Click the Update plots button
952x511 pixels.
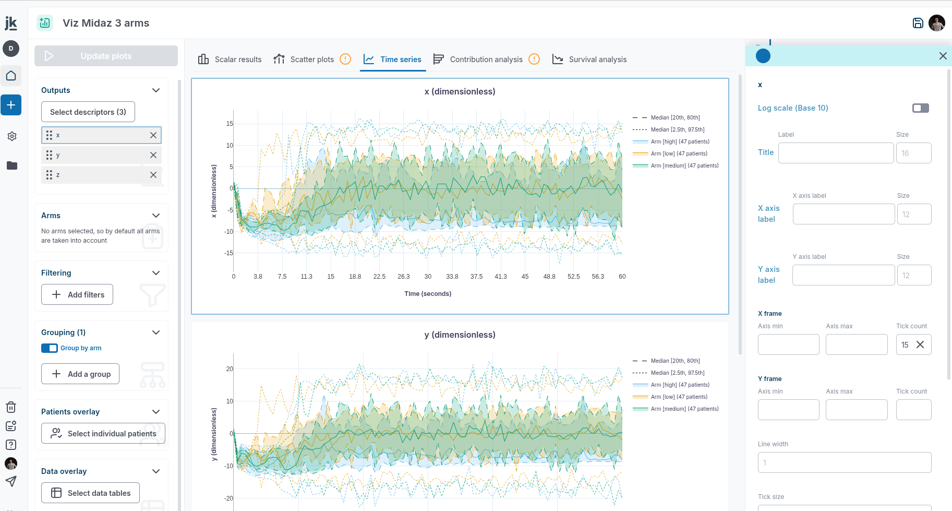click(x=106, y=56)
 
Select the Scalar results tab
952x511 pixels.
click(x=230, y=60)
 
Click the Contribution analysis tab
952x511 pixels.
click(x=486, y=60)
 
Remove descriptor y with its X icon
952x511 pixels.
click(x=153, y=155)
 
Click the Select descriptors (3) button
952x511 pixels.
click(x=88, y=112)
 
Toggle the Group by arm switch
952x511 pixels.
click(x=50, y=348)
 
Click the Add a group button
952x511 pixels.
click(x=80, y=374)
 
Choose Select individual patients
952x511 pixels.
click(x=103, y=433)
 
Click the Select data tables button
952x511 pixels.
click(x=90, y=493)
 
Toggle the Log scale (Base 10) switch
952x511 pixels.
click(x=920, y=108)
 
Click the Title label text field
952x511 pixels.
click(x=836, y=153)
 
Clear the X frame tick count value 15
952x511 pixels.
click(x=920, y=344)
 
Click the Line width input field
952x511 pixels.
click(x=844, y=462)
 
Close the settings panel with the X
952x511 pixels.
click(x=943, y=56)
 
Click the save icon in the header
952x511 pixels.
click(x=918, y=23)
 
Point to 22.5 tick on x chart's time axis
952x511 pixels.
click(x=379, y=277)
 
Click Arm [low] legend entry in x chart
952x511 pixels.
click(x=679, y=153)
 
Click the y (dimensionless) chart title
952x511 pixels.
click(x=460, y=335)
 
